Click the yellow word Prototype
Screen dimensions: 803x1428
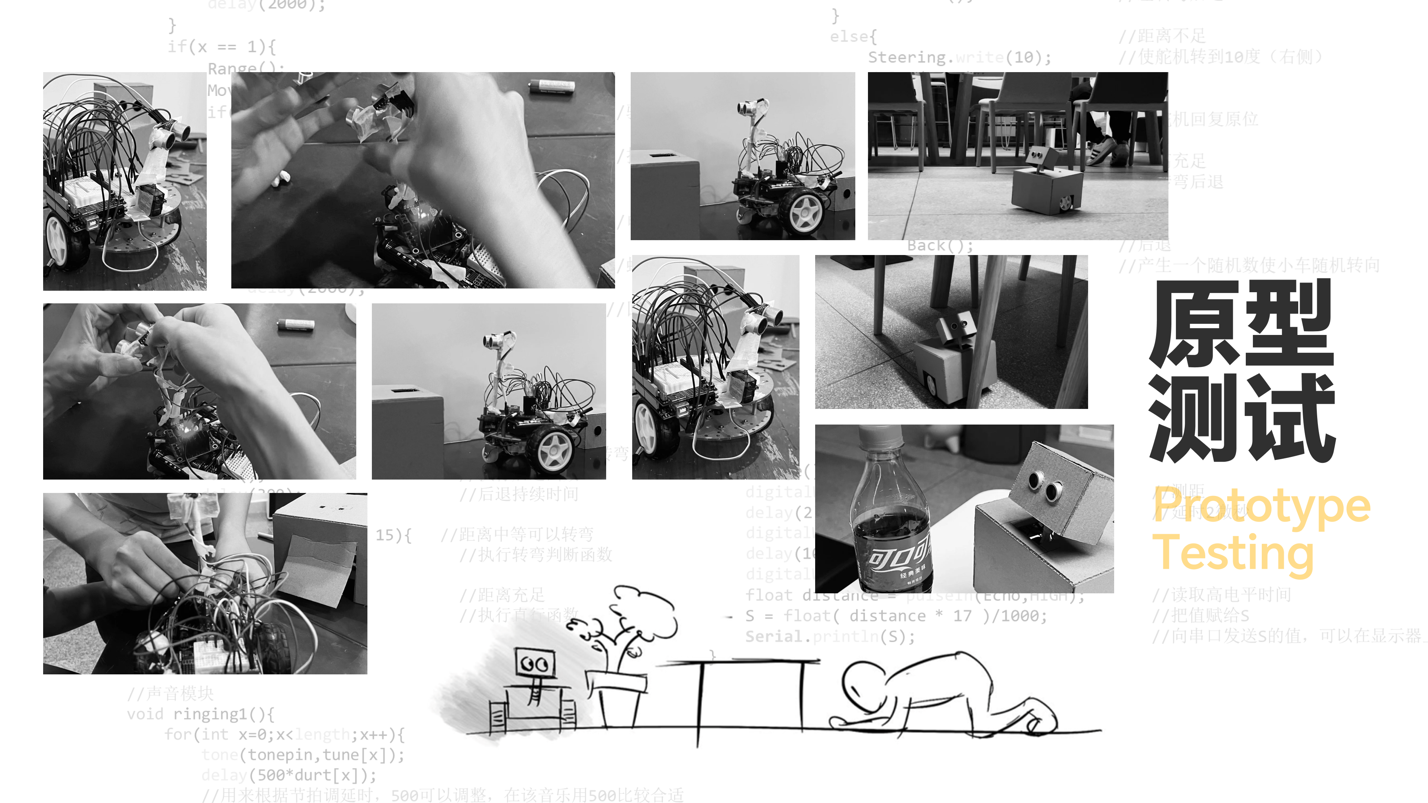tap(1261, 506)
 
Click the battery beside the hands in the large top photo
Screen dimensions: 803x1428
tap(550, 86)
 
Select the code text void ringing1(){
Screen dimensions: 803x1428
tap(200, 714)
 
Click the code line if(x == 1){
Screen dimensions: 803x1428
tap(222, 46)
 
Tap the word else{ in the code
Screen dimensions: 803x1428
tap(853, 36)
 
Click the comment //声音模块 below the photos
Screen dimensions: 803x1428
tap(170, 693)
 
